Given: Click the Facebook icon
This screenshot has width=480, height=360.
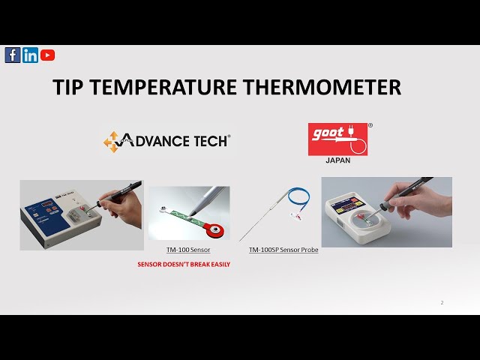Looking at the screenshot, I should coord(13,55).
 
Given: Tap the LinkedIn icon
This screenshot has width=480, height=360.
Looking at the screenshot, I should coord(30,55).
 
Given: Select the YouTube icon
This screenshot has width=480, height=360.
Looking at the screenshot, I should coord(47,55).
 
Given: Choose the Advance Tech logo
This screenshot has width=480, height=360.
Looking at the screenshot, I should coord(166,141).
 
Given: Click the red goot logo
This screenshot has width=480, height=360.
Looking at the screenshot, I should coord(337,139).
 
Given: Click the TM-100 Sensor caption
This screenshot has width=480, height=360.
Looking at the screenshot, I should coord(188,249).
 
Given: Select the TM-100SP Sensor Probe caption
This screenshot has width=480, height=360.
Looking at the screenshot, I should coord(283,249).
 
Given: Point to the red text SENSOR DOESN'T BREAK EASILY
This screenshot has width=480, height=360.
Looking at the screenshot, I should coord(184,265).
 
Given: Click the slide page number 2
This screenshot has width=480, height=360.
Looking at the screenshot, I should coord(442,303).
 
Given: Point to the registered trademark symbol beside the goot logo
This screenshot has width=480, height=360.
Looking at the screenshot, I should coord(370,125).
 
